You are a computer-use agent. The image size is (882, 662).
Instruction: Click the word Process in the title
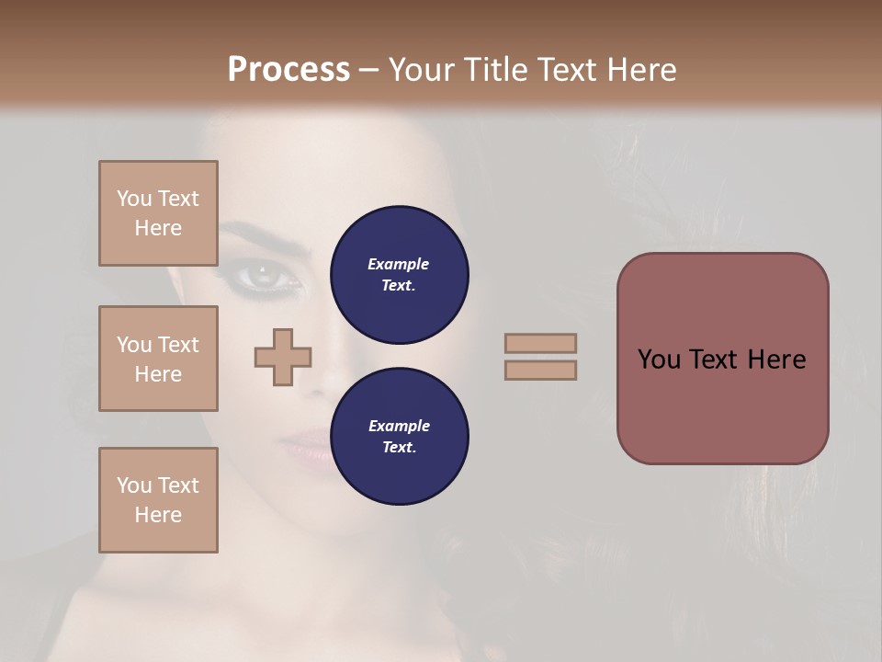coord(288,70)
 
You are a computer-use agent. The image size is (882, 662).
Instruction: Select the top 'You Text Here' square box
coord(158,213)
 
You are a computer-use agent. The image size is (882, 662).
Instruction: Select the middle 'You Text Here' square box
coord(158,359)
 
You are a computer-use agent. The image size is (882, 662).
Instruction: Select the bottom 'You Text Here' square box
coord(158,500)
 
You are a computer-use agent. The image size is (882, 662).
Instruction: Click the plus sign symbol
coord(283,358)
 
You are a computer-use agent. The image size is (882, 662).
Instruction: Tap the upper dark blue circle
coord(399,275)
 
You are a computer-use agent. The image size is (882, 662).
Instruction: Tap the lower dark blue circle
coord(399,437)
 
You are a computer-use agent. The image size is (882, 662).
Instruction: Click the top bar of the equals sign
coord(540,343)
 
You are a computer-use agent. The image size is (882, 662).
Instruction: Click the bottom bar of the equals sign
coord(540,370)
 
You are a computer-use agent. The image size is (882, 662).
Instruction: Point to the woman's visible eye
coord(265,273)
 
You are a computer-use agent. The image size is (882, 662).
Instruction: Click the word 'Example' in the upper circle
coord(399,264)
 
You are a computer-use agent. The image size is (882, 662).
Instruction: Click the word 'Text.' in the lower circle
coord(399,447)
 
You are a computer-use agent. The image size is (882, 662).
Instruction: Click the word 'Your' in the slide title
coord(421,70)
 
